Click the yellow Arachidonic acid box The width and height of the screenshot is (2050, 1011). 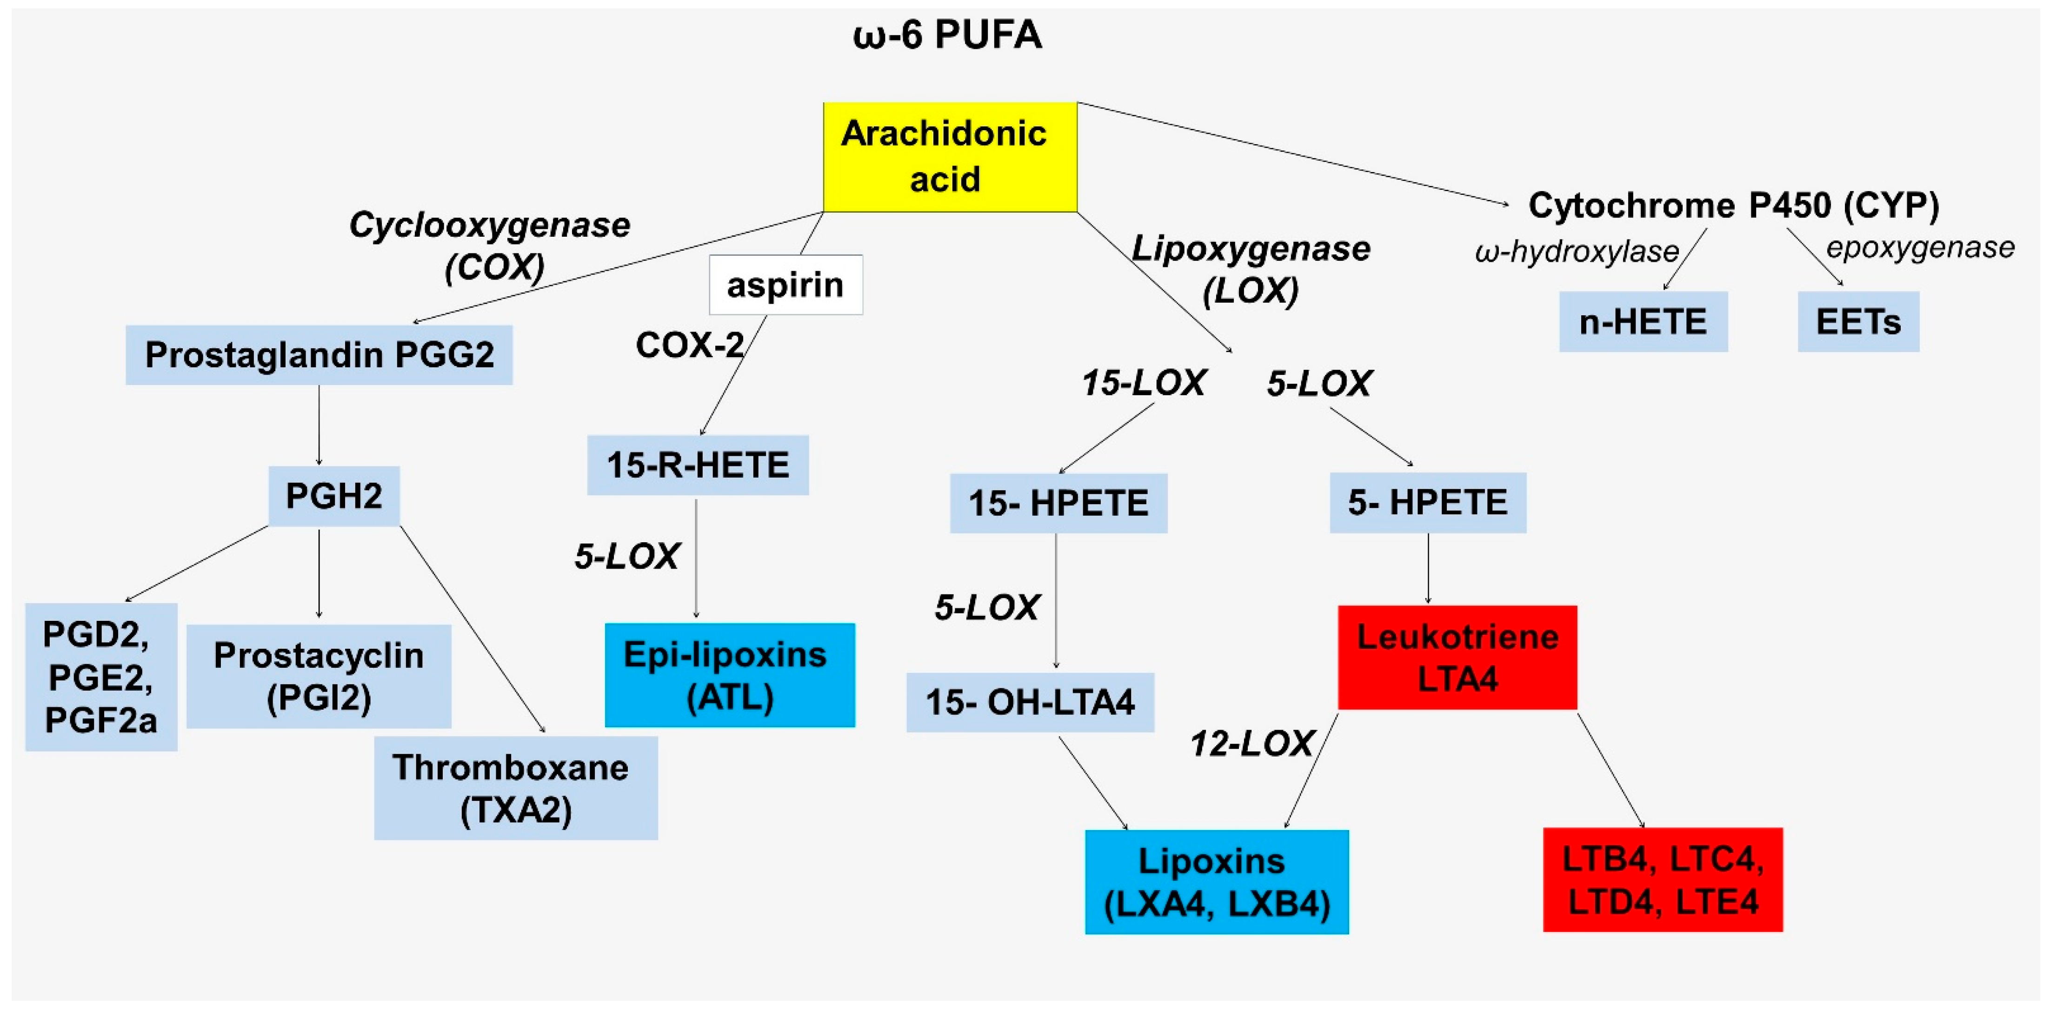click(x=949, y=157)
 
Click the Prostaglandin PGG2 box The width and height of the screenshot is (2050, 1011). click(x=319, y=355)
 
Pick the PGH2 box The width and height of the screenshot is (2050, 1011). click(x=333, y=496)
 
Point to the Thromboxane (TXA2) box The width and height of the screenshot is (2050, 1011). click(x=516, y=788)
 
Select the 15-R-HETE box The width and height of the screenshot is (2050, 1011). click(x=698, y=465)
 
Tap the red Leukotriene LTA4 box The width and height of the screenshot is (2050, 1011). click(x=1457, y=658)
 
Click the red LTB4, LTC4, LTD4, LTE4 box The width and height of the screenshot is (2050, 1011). click(x=1663, y=880)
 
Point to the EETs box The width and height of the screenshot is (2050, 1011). click(x=1858, y=322)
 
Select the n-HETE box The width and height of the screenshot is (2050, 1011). click(x=1644, y=322)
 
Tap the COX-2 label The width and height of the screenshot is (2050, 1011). click(x=689, y=345)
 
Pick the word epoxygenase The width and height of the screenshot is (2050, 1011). click(x=1919, y=247)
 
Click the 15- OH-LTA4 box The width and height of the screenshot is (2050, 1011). click(x=1030, y=702)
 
